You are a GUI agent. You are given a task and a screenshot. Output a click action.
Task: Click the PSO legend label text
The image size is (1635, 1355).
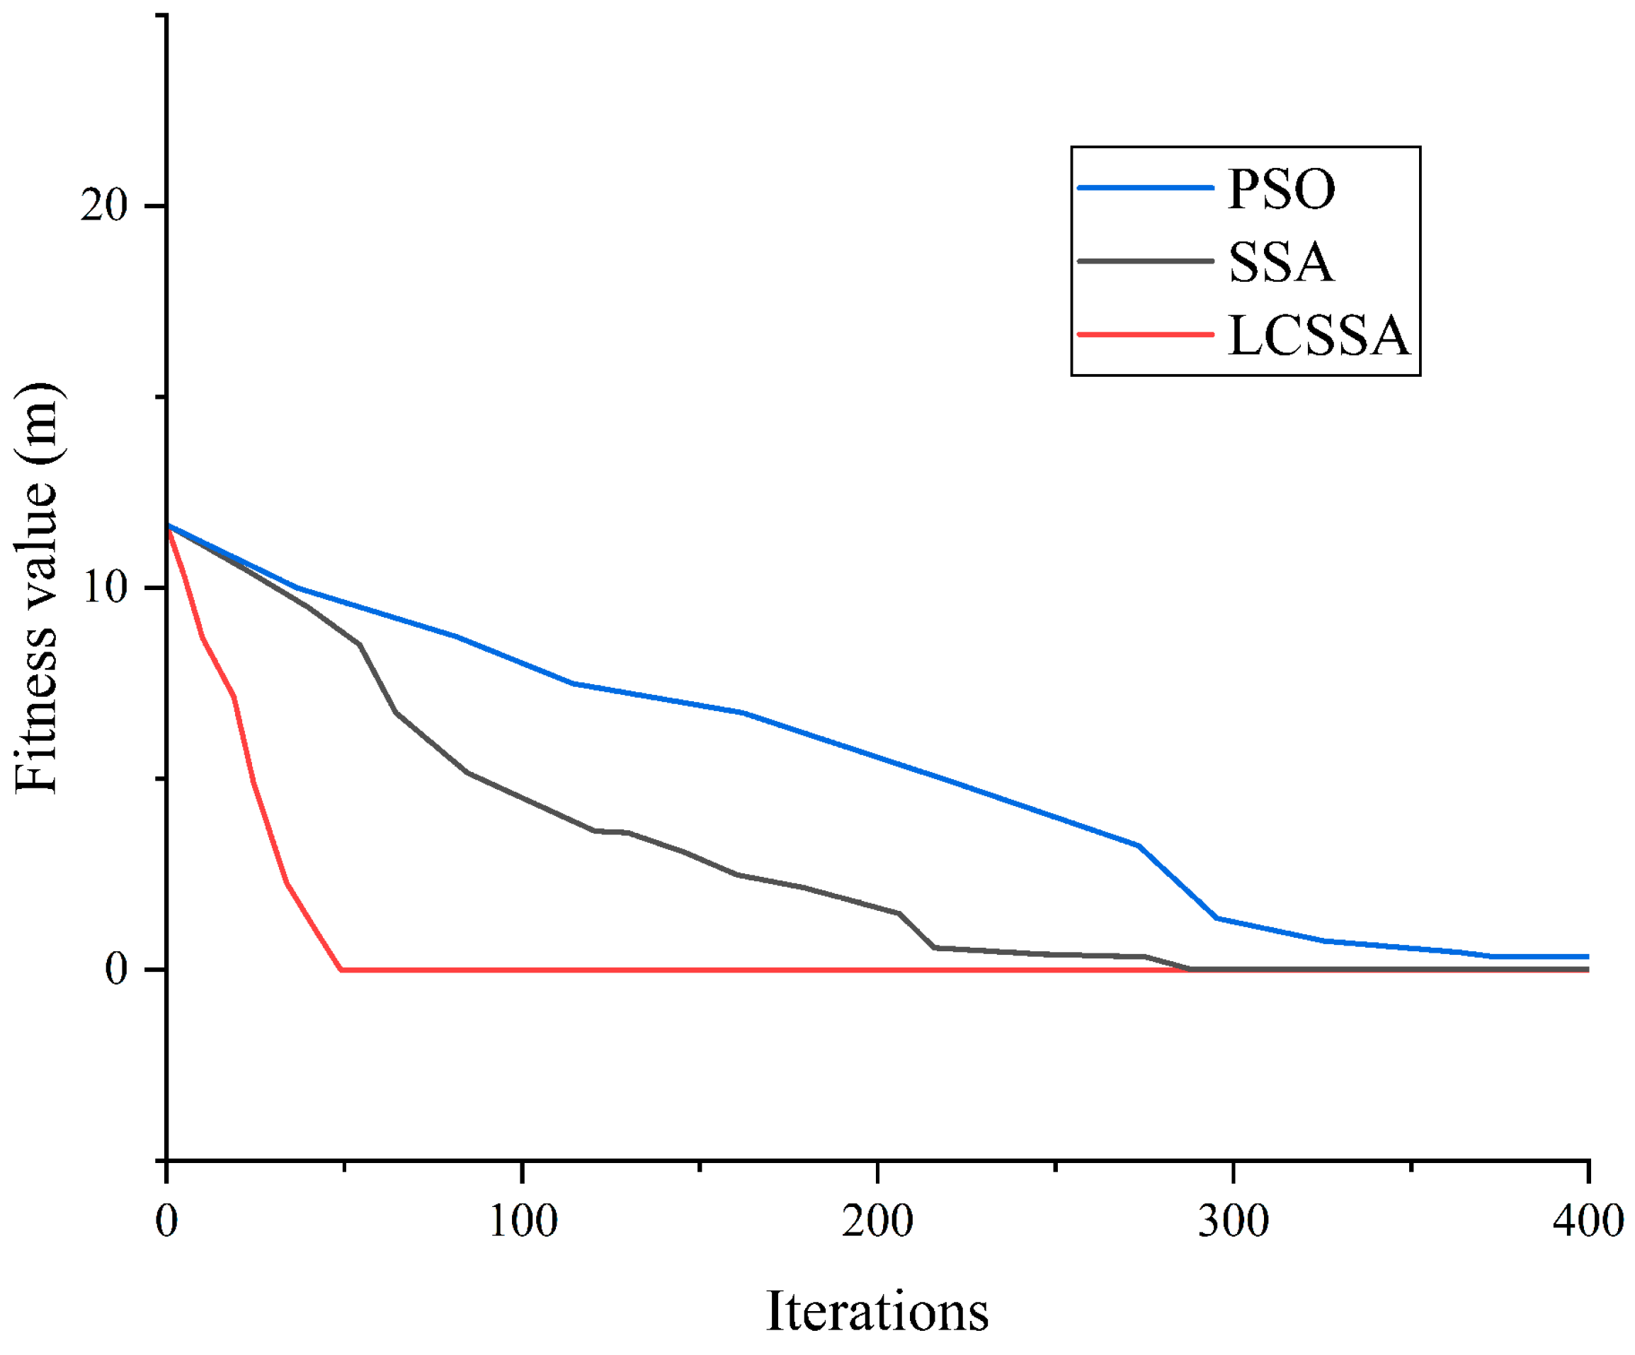tap(1281, 188)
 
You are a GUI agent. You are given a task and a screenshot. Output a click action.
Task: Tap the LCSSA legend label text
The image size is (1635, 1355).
tap(1318, 336)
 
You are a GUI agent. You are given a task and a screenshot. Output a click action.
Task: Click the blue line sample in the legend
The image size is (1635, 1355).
tap(1145, 188)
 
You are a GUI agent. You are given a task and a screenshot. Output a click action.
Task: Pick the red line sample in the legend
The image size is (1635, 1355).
tap(1145, 335)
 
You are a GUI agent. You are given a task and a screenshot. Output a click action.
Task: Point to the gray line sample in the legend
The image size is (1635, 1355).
tap(1145, 261)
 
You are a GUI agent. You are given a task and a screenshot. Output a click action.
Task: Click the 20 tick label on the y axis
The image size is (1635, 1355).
tap(103, 206)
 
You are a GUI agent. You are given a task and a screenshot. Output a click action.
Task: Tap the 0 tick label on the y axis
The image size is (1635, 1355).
tap(116, 970)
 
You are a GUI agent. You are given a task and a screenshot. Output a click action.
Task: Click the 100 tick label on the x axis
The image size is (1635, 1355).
tap(523, 1221)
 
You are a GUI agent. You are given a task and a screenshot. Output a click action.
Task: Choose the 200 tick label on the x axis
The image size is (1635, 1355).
tap(877, 1221)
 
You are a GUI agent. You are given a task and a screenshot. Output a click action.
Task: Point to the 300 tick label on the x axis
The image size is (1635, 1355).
tap(1234, 1221)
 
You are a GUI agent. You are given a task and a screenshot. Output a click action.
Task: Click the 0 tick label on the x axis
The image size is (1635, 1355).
tap(166, 1221)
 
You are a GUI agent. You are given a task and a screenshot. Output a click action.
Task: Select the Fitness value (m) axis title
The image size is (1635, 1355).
tap(37, 589)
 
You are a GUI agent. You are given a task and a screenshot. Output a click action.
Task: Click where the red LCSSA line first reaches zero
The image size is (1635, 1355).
tap(341, 970)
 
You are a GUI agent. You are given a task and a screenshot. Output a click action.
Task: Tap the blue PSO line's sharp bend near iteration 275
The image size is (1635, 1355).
tap(1140, 846)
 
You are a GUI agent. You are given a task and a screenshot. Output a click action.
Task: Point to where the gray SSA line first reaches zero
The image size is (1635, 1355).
tap(1189, 970)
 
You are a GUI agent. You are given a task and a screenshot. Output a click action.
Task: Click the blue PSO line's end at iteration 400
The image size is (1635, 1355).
tap(1587, 957)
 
